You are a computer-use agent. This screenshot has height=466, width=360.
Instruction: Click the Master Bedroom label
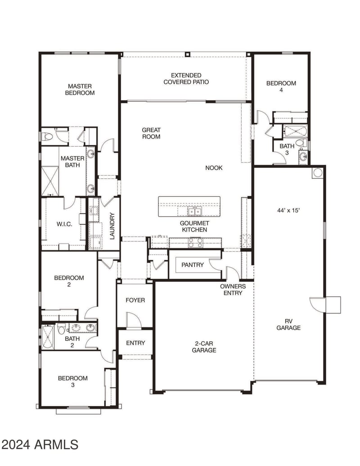tap(80, 90)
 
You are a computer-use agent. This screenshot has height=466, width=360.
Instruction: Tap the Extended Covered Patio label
tap(186, 79)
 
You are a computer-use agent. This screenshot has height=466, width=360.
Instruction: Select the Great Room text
tap(151, 133)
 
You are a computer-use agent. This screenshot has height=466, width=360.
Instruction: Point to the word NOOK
tap(214, 168)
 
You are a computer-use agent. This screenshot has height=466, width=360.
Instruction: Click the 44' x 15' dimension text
tap(288, 210)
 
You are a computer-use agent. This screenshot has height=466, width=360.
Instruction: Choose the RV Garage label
tap(288, 325)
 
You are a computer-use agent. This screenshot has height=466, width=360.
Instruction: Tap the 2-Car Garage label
tap(204, 347)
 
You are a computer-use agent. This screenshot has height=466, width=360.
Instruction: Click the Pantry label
tap(193, 265)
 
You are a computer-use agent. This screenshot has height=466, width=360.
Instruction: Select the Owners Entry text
tap(233, 290)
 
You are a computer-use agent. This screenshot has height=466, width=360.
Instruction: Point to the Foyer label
tap(135, 300)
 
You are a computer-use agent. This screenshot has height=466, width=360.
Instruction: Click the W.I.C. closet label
tap(64, 224)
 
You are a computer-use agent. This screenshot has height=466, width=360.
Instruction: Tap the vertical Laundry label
tap(112, 226)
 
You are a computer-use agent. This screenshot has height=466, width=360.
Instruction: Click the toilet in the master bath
tap(47, 137)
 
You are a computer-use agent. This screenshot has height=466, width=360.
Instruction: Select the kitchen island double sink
tap(194, 211)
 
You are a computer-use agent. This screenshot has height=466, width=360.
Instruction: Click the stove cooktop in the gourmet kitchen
tap(196, 243)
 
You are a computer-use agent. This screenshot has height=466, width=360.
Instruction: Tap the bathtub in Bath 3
tap(295, 131)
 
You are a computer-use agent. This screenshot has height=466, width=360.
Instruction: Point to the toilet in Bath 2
tap(62, 329)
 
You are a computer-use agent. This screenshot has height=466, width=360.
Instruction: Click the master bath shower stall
tap(50, 181)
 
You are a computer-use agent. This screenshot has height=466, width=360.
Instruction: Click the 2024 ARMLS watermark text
tap(40, 444)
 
